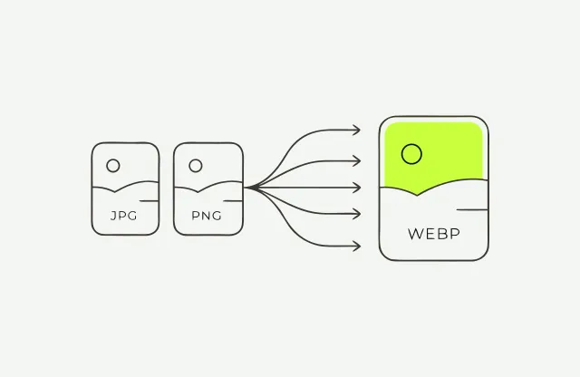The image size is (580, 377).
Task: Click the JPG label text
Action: tap(124, 216)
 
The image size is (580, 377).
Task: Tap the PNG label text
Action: tap(207, 216)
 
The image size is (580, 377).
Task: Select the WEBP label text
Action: tap(434, 234)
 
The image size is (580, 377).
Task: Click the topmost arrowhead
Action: tap(356, 130)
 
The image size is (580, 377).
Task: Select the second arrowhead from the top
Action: tap(356, 161)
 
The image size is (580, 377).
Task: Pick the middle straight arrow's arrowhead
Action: tap(356, 188)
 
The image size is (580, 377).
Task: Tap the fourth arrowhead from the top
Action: tap(356, 214)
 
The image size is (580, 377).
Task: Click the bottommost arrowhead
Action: tap(356, 246)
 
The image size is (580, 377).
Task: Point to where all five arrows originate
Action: tap(246, 188)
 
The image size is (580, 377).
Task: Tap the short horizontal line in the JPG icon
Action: tap(149, 201)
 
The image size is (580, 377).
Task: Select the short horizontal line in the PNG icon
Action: tap(233, 201)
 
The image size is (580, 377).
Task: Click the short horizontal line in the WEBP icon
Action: tap(472, 209)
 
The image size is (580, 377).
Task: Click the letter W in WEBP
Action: tap(414, 234)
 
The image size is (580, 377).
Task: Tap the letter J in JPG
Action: tap(113, 216)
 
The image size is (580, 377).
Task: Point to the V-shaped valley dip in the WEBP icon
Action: tap(417, 195)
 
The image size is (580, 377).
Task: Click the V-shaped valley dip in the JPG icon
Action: tap(115, 191)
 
